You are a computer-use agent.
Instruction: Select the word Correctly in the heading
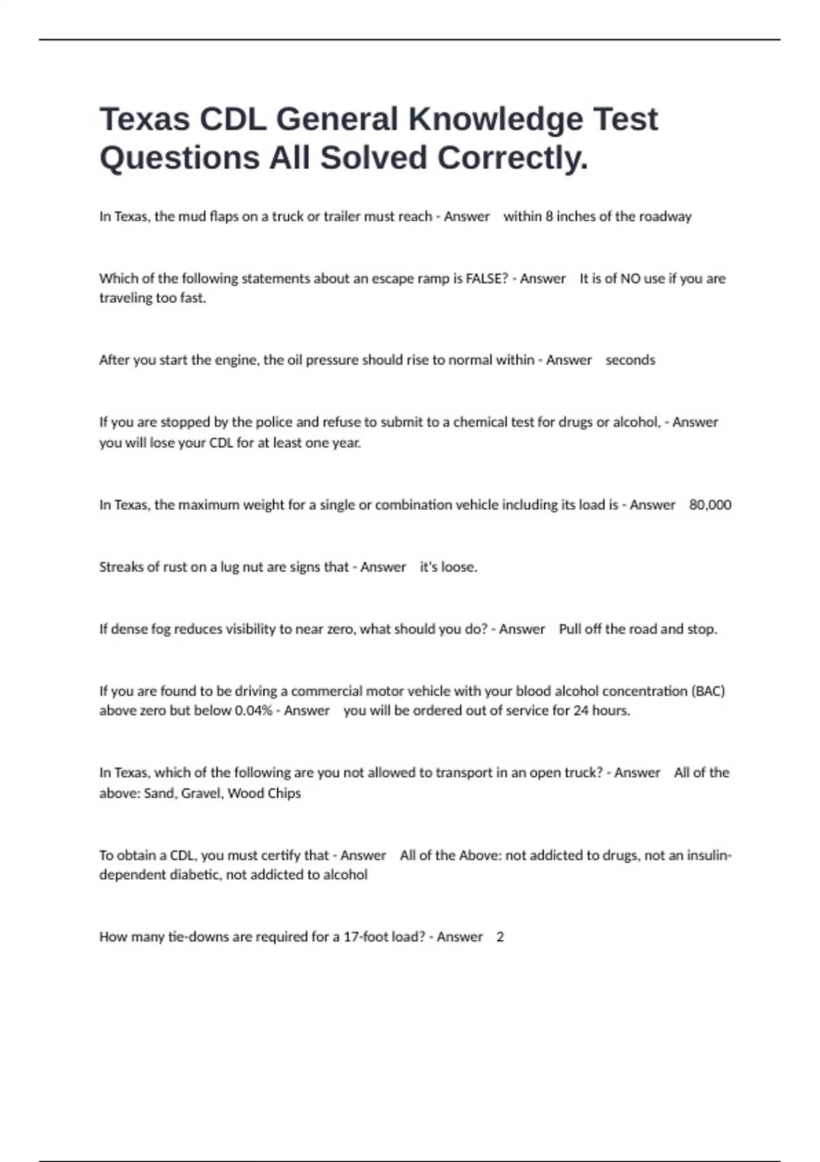512,158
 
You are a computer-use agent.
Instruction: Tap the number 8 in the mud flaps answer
549,217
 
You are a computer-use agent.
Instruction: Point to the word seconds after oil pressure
630,360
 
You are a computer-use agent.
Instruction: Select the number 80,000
710,505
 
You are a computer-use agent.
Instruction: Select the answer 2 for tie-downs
500,937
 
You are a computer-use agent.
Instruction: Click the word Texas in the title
145,120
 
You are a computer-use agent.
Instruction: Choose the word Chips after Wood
284,794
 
